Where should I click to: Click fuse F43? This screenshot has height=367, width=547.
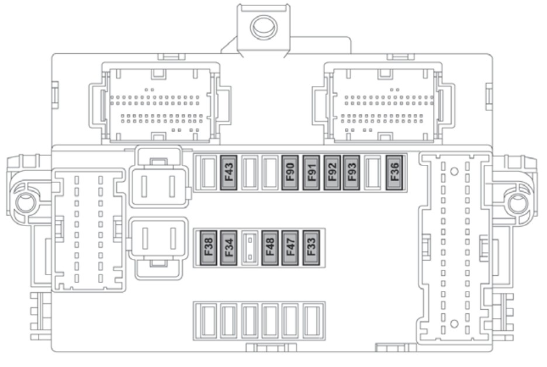tap(229, 173)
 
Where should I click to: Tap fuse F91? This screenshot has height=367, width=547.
tap(311, 173)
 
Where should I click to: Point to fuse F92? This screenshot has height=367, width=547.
tap(331, 173)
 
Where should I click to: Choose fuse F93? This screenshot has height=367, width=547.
tap(351, 173)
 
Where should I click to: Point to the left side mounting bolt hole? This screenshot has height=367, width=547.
tap(25, 203)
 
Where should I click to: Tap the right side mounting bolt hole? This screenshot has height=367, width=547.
tap(517, 203)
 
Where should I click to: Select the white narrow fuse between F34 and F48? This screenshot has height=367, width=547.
tap(250, 247)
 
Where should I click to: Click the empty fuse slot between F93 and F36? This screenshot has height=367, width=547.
tap(372, 174)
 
